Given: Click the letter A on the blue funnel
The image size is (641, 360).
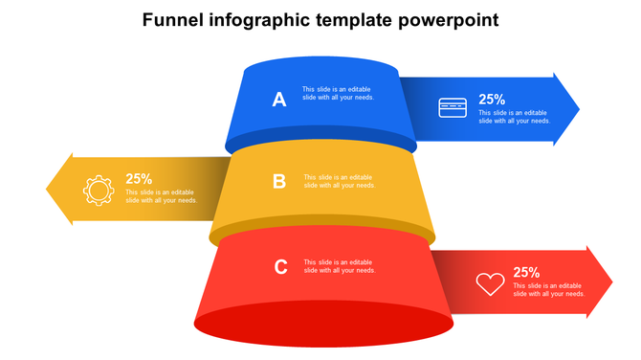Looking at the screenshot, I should coord(279,99).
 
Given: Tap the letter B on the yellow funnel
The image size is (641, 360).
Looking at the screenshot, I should coord(279,181).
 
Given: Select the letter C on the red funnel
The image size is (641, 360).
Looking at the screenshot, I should coord(281,267).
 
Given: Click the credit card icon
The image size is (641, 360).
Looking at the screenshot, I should coord(453,108).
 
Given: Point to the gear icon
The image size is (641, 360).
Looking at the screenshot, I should coord(98,189).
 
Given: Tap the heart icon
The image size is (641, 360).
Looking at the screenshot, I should coord(490,283).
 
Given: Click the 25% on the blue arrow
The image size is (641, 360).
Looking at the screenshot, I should coord(492,99).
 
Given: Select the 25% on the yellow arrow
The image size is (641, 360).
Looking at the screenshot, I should coord(139,178).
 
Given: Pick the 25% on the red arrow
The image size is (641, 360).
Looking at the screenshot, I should coord(526,272).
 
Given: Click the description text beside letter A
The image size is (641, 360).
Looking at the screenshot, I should coord(338,94).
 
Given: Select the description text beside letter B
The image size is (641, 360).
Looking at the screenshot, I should coord(340,181).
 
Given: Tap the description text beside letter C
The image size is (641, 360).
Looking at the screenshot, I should coord(340,266).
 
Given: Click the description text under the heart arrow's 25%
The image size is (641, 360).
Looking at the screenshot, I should coord(549,289).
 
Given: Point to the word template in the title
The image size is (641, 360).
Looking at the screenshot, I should coord(353,20).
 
